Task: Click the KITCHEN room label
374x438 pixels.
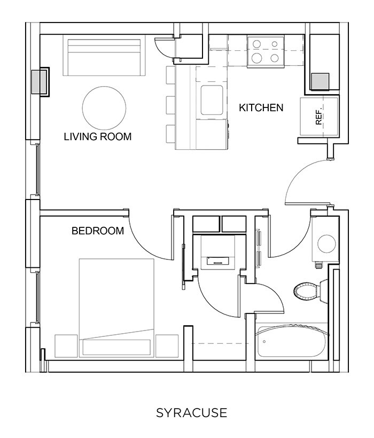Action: coord(261,108)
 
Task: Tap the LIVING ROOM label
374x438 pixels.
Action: coord(97,136)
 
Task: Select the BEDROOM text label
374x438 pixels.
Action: coord(98,231)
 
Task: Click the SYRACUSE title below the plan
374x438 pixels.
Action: coord(191,413)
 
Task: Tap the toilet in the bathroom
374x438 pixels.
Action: coord(308,290)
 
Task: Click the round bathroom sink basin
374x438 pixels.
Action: coord(326,243)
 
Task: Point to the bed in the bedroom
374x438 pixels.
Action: coord(116,305)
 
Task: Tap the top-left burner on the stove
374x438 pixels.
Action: coord(257,44)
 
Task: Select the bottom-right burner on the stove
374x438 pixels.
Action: coord(275,58)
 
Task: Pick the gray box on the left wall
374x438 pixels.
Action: coord(39,81)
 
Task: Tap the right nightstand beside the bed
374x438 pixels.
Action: coord(167,345)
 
